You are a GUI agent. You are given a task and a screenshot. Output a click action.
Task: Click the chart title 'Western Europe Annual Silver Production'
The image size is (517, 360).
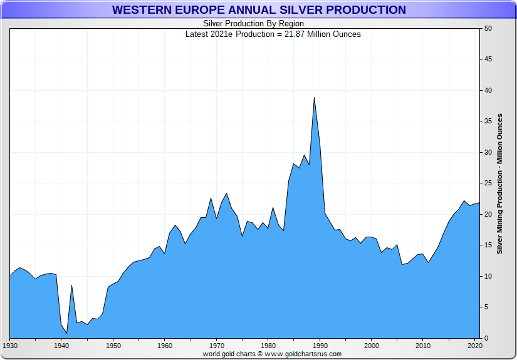(258, 10)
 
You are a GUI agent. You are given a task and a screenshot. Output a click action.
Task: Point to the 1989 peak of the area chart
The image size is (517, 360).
(314, 97)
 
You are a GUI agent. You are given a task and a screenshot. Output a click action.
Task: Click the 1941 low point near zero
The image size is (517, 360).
(66, 332)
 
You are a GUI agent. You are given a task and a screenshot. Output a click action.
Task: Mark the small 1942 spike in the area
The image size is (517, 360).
(71, 285)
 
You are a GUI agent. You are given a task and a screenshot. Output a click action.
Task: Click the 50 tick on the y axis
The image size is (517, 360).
(488, 29)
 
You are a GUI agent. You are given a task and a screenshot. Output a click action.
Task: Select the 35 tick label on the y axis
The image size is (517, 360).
(488, 121)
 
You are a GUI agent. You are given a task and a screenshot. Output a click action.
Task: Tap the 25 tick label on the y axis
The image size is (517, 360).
(488, 183)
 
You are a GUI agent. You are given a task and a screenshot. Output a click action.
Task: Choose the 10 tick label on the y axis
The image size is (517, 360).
(488, 276)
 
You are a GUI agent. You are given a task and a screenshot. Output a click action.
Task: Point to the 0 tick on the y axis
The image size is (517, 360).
(486, 338)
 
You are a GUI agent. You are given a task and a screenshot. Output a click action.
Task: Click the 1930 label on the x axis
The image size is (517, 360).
(10, 346)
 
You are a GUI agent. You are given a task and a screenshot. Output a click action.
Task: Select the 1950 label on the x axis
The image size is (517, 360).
(113, 346)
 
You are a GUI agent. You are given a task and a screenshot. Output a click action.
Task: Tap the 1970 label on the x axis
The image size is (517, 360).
(217, 346)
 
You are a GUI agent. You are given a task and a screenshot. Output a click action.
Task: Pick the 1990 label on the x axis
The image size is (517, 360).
(320, 346)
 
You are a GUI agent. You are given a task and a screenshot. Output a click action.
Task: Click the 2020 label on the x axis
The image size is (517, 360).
(474, 346)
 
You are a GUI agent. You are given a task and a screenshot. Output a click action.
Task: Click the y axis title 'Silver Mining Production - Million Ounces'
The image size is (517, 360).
(500, 183)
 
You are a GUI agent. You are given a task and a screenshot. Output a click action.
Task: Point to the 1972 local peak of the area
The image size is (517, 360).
(226, 193)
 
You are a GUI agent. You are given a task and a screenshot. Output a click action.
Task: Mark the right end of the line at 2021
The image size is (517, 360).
(479, 203)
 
